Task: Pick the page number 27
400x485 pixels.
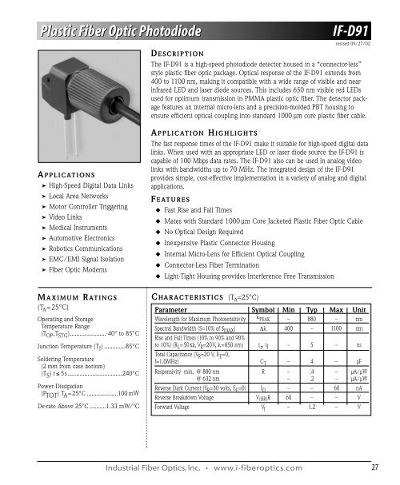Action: click(374, 468)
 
